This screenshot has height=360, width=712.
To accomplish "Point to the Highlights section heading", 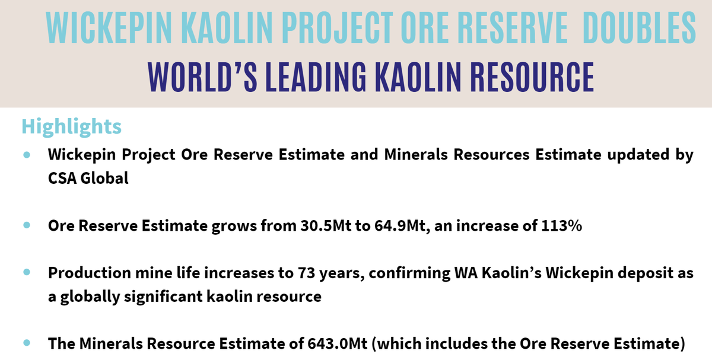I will [71, 126].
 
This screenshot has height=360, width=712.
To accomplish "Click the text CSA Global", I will [88, 178].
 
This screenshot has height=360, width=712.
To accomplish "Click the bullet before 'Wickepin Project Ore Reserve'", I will [27, 155].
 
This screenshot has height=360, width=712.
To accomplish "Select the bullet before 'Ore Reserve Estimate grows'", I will [27, 226].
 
